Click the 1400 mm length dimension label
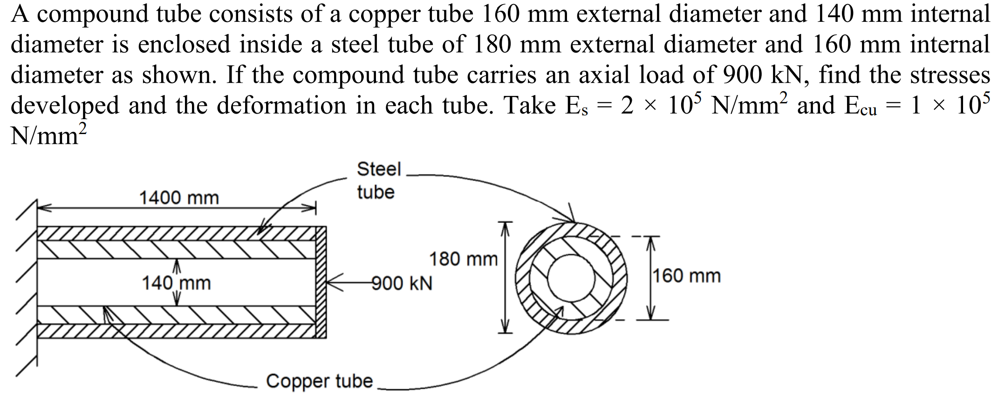[179, 198]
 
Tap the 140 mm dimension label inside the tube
[176, 283]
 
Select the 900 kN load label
[402, 283]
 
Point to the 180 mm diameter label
[463, 259]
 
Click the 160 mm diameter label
[686, 276]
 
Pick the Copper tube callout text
[320, 381]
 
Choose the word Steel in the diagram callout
[379, 169]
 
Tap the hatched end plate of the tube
[321, 282]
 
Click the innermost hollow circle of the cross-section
[570, 277]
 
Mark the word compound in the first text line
[95, 14]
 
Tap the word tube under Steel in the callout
[376, 192]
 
